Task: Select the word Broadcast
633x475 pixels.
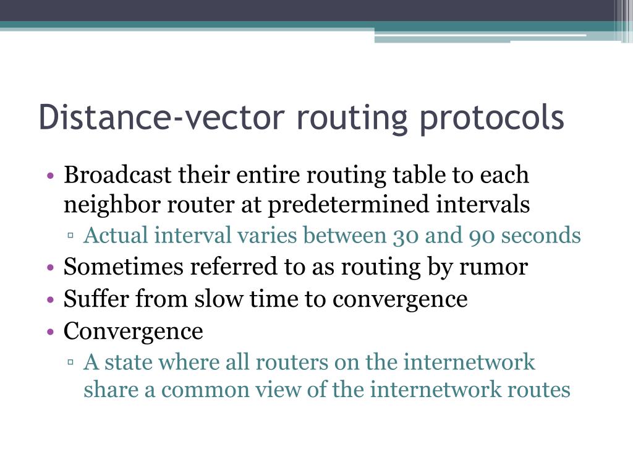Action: [117, 175]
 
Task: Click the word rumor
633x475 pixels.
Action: [497, 267]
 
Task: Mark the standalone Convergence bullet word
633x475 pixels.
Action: [134, 332]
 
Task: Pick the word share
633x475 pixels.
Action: [109, 390]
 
